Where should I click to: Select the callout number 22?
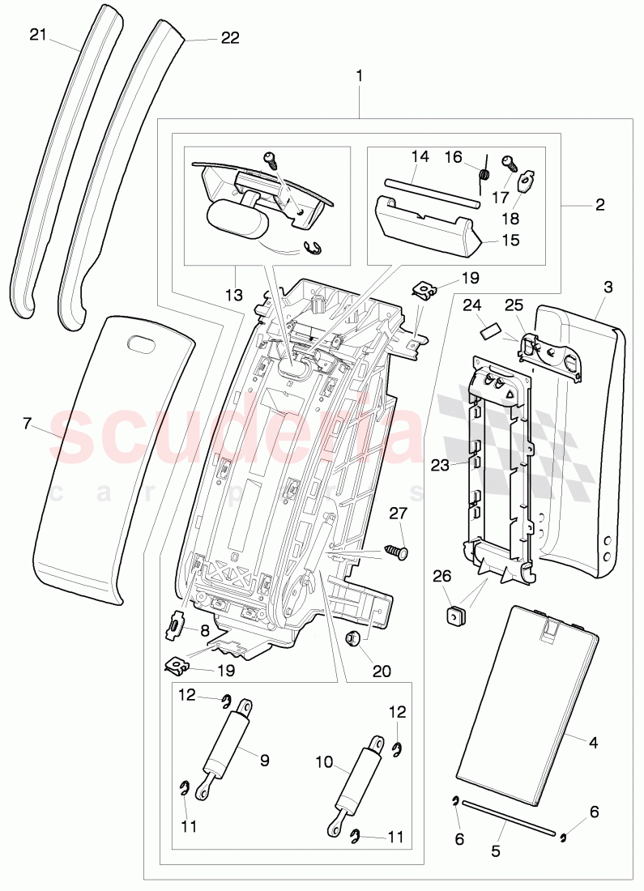click(230, 38)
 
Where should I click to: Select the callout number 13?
click(233, 296)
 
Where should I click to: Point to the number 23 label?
click(441, 465)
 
